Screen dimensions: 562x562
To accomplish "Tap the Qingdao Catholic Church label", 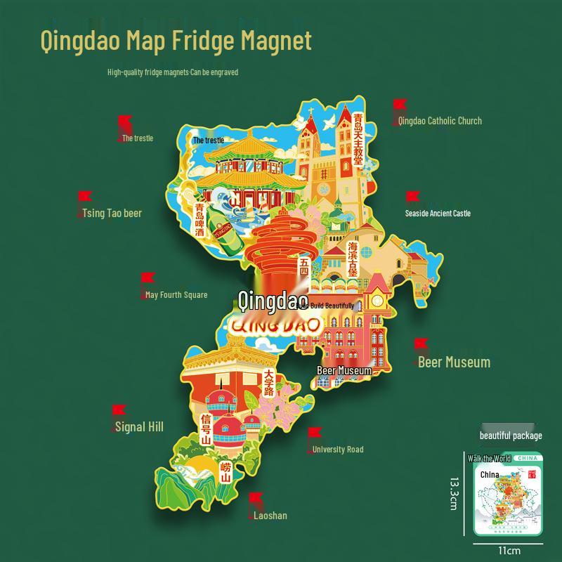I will (440, 121).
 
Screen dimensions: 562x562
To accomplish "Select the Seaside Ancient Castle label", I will (438, 214).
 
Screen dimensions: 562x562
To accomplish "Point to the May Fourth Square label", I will (176, 295).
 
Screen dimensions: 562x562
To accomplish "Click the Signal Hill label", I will (140, 426).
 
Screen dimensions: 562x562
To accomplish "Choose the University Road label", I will (338, 450).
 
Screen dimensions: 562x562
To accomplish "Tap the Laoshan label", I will (270, 516).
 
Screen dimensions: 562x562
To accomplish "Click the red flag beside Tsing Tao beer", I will (84, 197).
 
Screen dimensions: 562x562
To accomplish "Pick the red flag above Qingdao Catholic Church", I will (399, 105).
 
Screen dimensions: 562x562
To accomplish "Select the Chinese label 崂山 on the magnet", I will (226, 473).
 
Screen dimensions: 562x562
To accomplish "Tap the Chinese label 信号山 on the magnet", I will (206, 429).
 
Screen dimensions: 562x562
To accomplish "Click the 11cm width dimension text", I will (509, 550).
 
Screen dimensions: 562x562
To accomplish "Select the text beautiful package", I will (511, 436).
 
